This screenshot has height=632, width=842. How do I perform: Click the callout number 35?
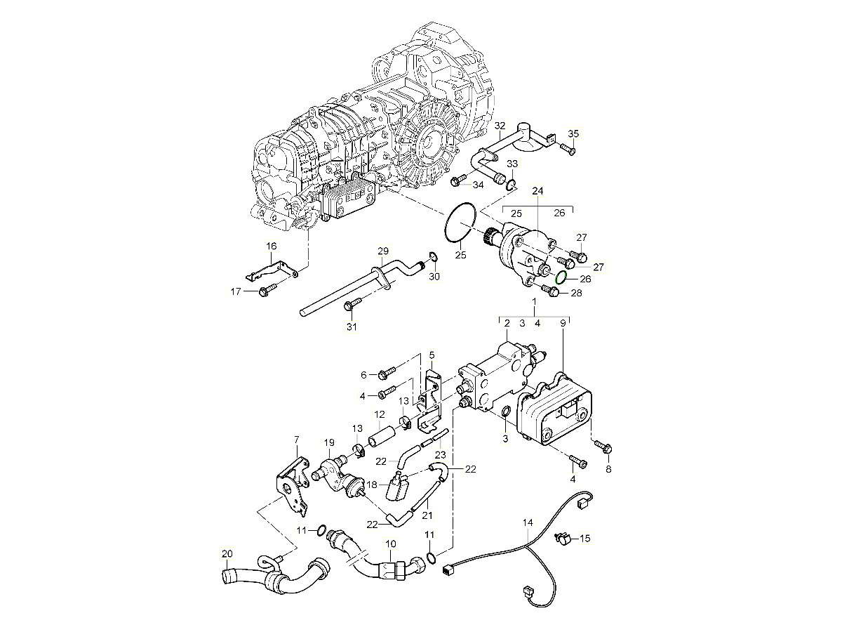coord(573,133)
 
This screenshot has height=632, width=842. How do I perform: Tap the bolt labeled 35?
coord(567,149)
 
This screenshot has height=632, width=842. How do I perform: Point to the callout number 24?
coord(537,190)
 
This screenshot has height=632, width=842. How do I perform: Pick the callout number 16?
coord(272,246)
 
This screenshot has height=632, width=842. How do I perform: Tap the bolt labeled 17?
coord(267,290)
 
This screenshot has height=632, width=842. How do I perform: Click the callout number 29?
coord(382,251)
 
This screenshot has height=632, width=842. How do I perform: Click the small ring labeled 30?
coord(433,256)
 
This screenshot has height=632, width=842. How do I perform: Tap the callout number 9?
coord(562,323)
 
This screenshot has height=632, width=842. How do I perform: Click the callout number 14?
coord(528,522)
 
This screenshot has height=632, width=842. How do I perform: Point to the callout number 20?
coord(226,553)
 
